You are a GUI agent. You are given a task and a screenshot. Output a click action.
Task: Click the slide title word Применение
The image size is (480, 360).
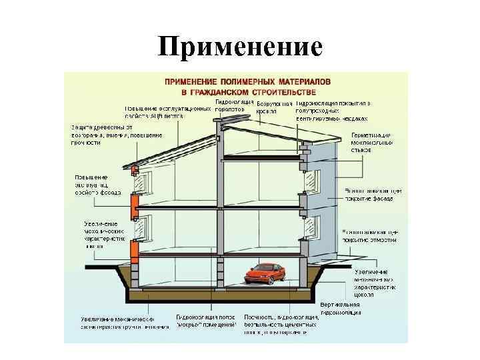point(240,47)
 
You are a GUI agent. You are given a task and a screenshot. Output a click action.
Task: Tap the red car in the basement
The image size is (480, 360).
point(263,273)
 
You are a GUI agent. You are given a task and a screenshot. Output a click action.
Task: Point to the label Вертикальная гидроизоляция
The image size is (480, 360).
point(341,308)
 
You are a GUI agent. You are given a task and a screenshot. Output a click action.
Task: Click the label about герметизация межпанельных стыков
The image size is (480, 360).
point(371,141)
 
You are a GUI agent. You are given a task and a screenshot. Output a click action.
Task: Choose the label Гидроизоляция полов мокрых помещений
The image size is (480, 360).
point(206,321)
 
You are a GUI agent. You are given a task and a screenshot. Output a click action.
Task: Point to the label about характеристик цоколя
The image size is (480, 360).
point(373,283)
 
